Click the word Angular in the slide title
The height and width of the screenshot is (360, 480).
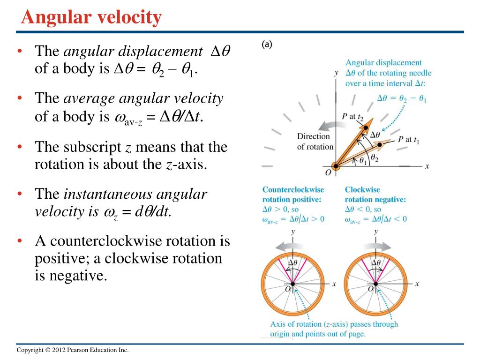pyautogui.click(x=52, y=18)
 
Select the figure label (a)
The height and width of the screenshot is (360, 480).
pyautogui.click(x=267, y=45)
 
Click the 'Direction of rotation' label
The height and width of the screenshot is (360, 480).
pyautogui.click(x=315, y=141)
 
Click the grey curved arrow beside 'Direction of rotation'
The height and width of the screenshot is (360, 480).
pyautogui.click(x=330, y=125)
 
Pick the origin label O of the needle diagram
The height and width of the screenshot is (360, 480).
pyautogui.click(x=328, y=173)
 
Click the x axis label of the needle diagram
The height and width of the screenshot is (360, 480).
pyautogui.click(x=427, y=166)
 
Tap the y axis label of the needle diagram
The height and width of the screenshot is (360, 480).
pyautogui.click(x=336, y=73)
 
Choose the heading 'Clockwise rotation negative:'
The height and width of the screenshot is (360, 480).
pyautogui.click(x=375, y=195)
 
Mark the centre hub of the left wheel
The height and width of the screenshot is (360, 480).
pyautogui.click(x=292, y=284)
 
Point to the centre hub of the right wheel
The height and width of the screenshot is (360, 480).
pyautogui.click(x=376, y=284)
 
